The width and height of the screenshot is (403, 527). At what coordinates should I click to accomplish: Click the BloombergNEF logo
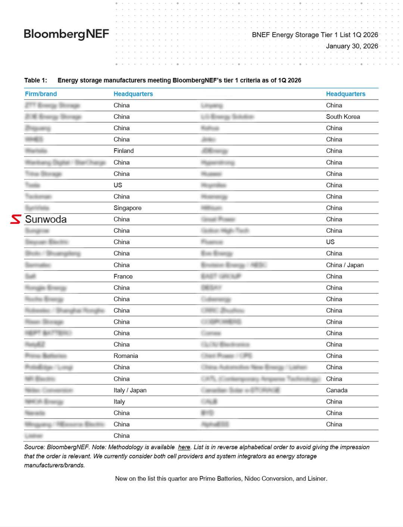[66, 34]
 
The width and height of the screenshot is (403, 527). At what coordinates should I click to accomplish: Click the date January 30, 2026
[352, 46]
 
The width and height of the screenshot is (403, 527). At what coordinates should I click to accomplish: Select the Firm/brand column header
[41, 94]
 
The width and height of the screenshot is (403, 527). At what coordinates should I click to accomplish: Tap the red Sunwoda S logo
[16, 219]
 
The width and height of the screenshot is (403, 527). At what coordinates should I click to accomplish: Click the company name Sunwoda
[46, 219]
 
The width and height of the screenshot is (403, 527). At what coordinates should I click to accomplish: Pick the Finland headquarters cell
[124, 151]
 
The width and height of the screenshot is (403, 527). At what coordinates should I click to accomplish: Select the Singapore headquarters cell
[127, 208]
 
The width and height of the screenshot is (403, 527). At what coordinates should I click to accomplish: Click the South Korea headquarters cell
[343, 117]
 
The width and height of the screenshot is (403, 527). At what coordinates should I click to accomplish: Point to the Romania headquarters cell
[126, 356]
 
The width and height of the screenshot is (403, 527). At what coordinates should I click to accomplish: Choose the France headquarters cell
[123, 276]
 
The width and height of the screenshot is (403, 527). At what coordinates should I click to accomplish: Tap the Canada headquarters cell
[337, 390]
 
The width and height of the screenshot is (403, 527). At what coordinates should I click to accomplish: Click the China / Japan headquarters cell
[344, 265]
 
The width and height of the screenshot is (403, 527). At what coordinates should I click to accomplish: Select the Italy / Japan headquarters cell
[130, 390]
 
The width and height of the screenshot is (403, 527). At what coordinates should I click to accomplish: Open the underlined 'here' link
[184, 447]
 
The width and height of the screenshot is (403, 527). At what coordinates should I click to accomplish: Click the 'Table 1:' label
[35, 80]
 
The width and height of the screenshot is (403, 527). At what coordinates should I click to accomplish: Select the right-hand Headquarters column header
[346, 94]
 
